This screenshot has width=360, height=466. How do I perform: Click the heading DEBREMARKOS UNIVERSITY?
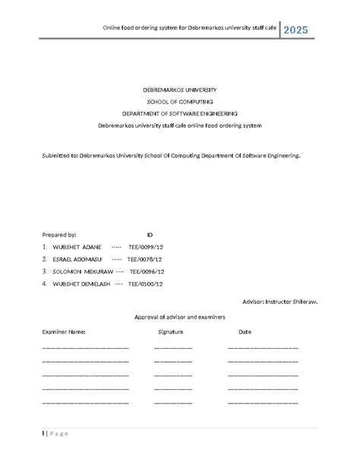coord(179,90)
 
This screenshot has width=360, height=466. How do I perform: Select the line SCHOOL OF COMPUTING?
coord(180,101)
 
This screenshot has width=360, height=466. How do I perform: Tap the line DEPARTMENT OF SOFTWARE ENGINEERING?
coord(180,113)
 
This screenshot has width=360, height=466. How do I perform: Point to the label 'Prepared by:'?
coord(59,235)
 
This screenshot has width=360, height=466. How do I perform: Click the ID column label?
coord(150,235)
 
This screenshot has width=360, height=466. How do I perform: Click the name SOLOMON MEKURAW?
coord(82,271)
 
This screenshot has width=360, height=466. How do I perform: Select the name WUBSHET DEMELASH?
coord(81,284)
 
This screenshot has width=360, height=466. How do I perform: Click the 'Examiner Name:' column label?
coord(64,332)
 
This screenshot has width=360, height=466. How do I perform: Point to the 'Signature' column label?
coord(171,332)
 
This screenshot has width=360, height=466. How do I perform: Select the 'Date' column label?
coord(245,332)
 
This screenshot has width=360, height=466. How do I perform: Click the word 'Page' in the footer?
coord(58,433)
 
